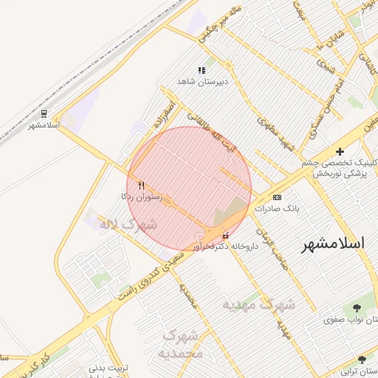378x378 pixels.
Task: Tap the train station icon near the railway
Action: (45, 114)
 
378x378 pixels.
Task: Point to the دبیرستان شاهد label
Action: (202, 80)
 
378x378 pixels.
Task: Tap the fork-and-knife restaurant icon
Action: (142, 185)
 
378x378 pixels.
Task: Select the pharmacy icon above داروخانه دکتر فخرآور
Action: (226, 236)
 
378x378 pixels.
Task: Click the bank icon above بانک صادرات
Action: (277, 197)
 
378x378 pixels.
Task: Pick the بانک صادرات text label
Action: (278, 208)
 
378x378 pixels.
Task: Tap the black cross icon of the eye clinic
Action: (340, 151)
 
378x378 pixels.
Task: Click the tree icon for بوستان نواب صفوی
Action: (357, 307)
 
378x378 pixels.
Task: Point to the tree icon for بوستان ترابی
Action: (362, 358)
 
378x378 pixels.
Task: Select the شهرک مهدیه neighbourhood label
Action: (258, 303)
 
